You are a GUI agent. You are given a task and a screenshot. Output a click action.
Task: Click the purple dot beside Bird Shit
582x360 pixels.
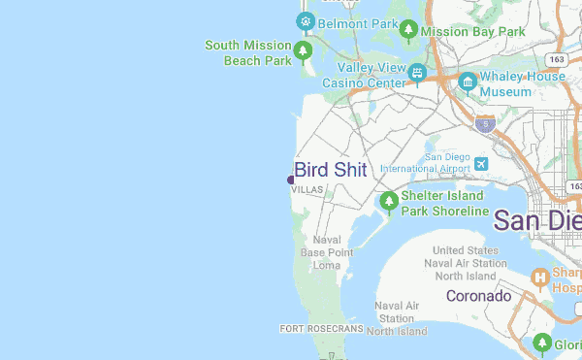291,180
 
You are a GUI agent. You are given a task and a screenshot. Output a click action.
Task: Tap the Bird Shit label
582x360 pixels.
331,170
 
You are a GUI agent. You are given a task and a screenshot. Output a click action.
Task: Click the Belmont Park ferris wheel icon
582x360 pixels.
306,20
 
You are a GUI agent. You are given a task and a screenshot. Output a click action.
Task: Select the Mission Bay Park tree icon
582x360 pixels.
409,31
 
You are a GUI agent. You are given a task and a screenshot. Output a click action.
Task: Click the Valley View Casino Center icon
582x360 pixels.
417,73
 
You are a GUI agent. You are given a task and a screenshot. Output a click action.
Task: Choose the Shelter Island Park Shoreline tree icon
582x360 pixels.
389,202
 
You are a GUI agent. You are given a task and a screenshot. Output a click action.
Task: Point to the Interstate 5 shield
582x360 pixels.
486,124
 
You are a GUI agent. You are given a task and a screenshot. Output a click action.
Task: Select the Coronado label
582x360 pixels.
478,295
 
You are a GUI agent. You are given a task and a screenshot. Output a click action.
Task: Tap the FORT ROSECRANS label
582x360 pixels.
320,329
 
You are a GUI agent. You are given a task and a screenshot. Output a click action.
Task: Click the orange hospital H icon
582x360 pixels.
540,279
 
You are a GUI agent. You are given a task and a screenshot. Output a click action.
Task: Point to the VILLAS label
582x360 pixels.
307,190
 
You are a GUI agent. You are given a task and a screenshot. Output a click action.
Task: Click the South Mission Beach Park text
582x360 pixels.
248,52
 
